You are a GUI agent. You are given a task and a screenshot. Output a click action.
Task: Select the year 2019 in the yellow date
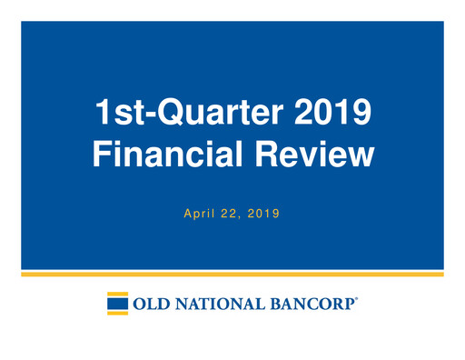tap(263, 215)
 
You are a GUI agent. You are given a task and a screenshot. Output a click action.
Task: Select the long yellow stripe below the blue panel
tap(232, 274)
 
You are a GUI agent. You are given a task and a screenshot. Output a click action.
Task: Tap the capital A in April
tap(187, 215)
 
